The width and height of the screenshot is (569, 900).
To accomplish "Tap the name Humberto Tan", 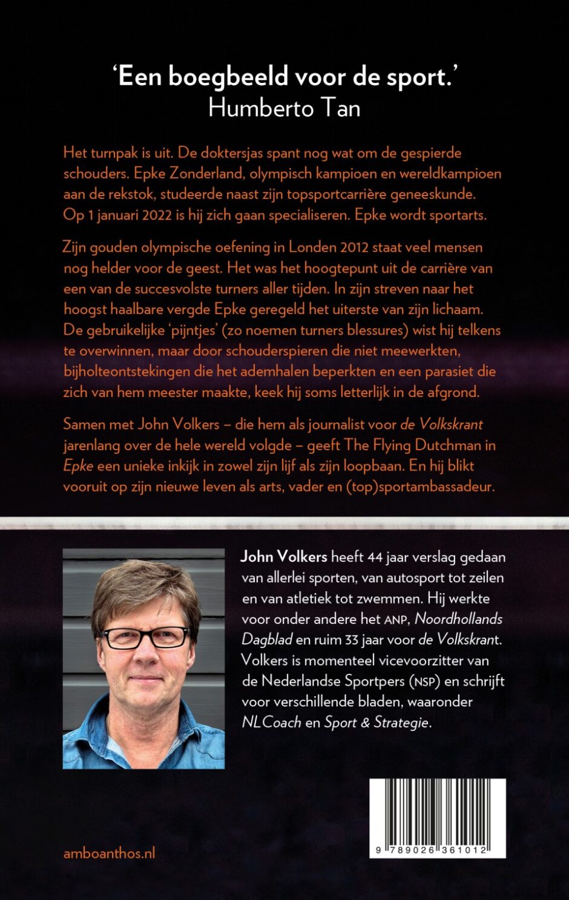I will pyautogui.click(x=284, y=108).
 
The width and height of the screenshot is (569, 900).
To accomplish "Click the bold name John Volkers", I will pyautogui.click(x=284, y=557).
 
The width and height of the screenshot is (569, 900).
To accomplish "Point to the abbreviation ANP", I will pyautogui.click(x=396, y=620).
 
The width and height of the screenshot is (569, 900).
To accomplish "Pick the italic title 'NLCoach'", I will pyautogui.click(x=271, y=722).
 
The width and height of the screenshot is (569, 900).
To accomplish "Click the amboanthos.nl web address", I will pyautogui.click(x=110, y=853).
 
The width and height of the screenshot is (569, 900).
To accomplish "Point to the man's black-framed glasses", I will pyautogui.click(x=145, y=637).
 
